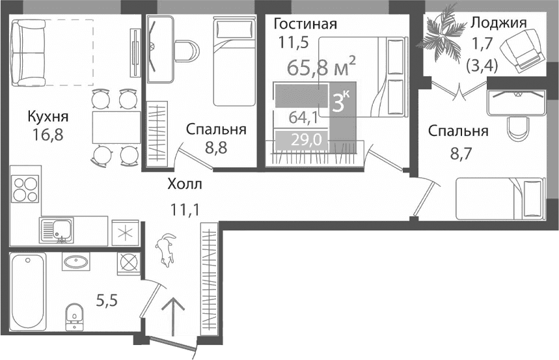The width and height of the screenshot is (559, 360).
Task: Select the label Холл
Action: pos(185,184)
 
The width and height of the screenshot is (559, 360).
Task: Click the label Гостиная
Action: pos(305,25)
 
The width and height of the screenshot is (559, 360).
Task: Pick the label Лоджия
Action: pos(498,23)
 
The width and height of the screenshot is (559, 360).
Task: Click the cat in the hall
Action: pos(166,250)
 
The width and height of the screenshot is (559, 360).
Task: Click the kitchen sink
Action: pos(57,230)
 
